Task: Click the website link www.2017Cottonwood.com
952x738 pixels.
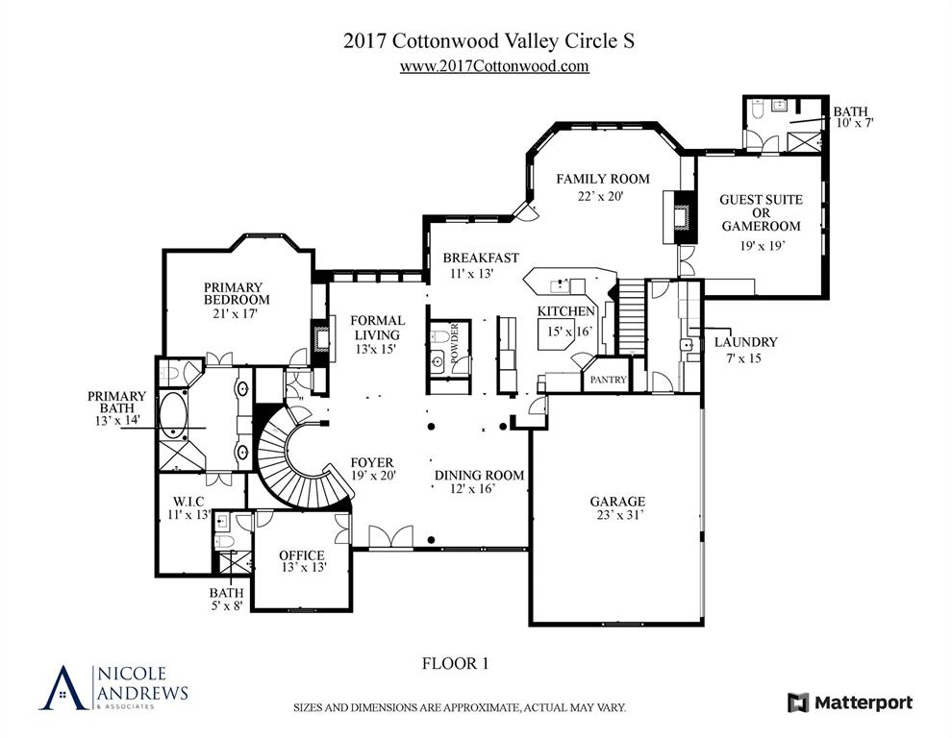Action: [493, 66]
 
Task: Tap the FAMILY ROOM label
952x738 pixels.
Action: [602, 179]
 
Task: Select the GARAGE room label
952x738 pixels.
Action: [617, 502]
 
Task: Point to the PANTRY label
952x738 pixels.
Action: [608, 381]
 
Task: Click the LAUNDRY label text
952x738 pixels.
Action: [746, 342]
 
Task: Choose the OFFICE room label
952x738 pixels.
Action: [301, 555]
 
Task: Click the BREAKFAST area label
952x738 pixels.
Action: [481, 258]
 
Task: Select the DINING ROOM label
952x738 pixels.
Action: [479, 475]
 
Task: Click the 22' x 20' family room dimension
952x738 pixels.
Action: [601, 196]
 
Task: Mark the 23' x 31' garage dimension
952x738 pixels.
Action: [617, 516]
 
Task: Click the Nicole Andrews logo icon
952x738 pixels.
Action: [63, 687]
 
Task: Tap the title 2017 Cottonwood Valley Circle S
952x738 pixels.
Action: [489, 41]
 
